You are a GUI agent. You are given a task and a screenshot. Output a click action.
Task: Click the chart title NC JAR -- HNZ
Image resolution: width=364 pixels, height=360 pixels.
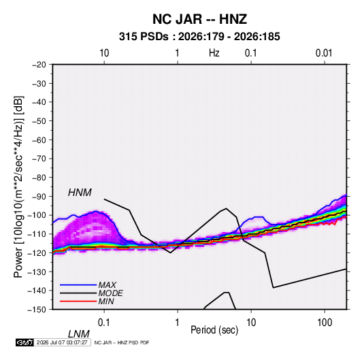199,19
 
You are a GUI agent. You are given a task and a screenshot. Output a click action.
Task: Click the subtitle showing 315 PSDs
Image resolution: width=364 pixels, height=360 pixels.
199,37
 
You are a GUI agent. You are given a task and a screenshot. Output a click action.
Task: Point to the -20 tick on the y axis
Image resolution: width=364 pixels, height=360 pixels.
39,65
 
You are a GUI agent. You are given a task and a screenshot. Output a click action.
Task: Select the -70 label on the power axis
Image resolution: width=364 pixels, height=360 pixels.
39,159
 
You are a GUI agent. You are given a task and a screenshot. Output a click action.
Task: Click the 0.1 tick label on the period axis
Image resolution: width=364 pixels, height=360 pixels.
103,323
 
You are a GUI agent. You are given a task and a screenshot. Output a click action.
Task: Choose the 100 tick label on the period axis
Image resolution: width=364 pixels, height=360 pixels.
325,323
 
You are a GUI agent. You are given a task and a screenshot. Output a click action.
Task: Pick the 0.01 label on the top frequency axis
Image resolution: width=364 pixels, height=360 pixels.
324,53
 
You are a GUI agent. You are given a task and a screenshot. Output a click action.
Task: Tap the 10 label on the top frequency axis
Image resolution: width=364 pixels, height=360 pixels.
104,53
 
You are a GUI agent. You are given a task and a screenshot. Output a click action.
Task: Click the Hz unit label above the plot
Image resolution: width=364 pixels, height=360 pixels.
214,53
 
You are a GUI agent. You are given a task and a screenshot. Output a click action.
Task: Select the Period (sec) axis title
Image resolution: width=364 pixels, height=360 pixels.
214,330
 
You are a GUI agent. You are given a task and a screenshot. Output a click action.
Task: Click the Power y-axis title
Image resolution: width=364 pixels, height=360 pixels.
18,186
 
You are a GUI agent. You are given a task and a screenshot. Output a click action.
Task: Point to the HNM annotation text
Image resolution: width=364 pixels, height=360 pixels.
80,193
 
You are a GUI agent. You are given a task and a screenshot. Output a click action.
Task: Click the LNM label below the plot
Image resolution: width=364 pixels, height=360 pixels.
79,334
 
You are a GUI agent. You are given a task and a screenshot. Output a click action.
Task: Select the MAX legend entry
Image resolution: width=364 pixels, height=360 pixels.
107,285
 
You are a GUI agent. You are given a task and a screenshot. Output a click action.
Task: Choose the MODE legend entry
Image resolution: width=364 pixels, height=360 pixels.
110,293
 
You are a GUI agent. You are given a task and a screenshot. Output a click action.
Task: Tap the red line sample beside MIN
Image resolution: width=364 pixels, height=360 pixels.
78,301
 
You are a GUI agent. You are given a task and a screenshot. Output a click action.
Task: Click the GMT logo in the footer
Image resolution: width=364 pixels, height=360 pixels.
24,342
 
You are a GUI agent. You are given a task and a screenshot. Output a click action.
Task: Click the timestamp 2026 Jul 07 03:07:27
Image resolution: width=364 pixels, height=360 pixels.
62,342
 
